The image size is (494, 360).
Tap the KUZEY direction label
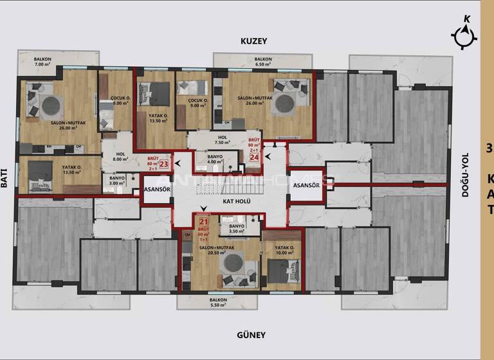pyautogui.click(x=253, y=40)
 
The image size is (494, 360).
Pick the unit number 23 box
pyautogui.click(x=163, y=164)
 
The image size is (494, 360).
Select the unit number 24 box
pyautogui.click(x=254, y=156)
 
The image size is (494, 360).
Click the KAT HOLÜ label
pyautogui.click(x=236, y=201)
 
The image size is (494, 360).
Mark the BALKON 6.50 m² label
pyautogui.click(x=263, y=62)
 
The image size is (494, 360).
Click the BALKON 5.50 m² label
pyautogui.click(x=219, y=302)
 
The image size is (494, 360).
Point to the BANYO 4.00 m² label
pyautogui.click(x=215, y=159)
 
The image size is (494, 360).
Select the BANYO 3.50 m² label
pyautogui.click(x=237, y=229)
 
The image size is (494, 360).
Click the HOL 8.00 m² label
pyautogui.click(x=120, y=157)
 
